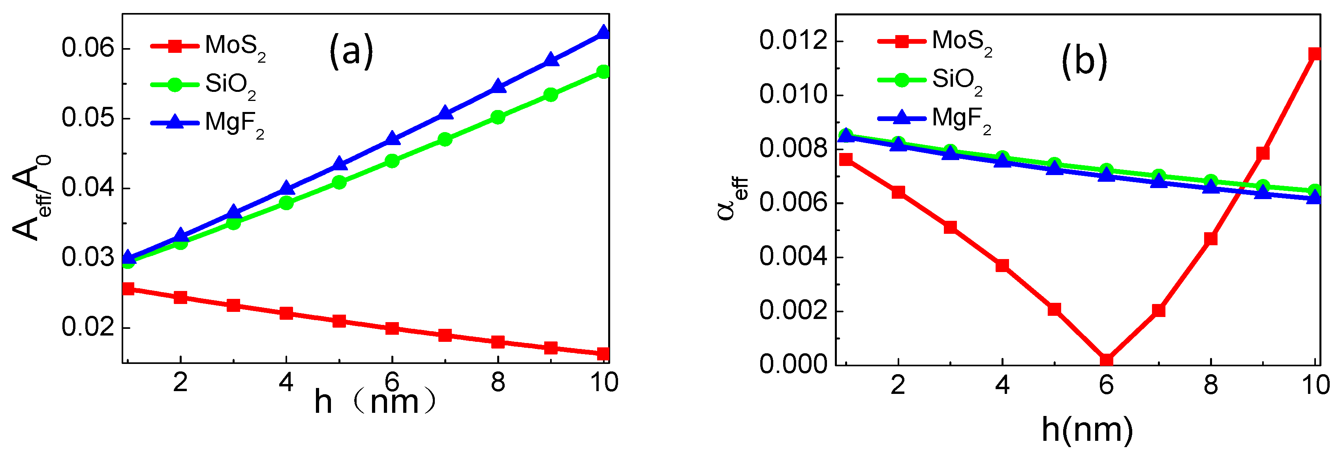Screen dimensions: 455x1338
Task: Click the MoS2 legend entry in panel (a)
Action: [208, 47]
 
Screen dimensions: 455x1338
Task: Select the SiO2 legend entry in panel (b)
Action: [930, 81]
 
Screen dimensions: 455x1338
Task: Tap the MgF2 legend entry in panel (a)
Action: [208, 123]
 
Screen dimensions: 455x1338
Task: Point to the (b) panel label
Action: [1084, 61]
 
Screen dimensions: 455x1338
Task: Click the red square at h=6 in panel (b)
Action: [1106, 360]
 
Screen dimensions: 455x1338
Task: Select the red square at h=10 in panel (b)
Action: [1315, 54]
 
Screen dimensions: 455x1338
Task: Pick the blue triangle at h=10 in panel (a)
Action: [603, 32]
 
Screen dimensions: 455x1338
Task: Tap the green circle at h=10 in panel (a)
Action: [603, 72]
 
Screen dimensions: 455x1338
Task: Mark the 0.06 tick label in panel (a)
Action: [87, 48]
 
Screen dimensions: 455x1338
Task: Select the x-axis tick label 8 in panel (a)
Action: [498, 383]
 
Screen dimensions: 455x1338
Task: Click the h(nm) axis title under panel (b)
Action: [1087, 430]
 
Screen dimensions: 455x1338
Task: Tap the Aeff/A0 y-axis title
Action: [32, 197]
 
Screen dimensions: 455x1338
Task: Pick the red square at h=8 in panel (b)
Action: [1211, 239]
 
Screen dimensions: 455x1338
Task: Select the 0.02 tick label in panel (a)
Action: [87, 327]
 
